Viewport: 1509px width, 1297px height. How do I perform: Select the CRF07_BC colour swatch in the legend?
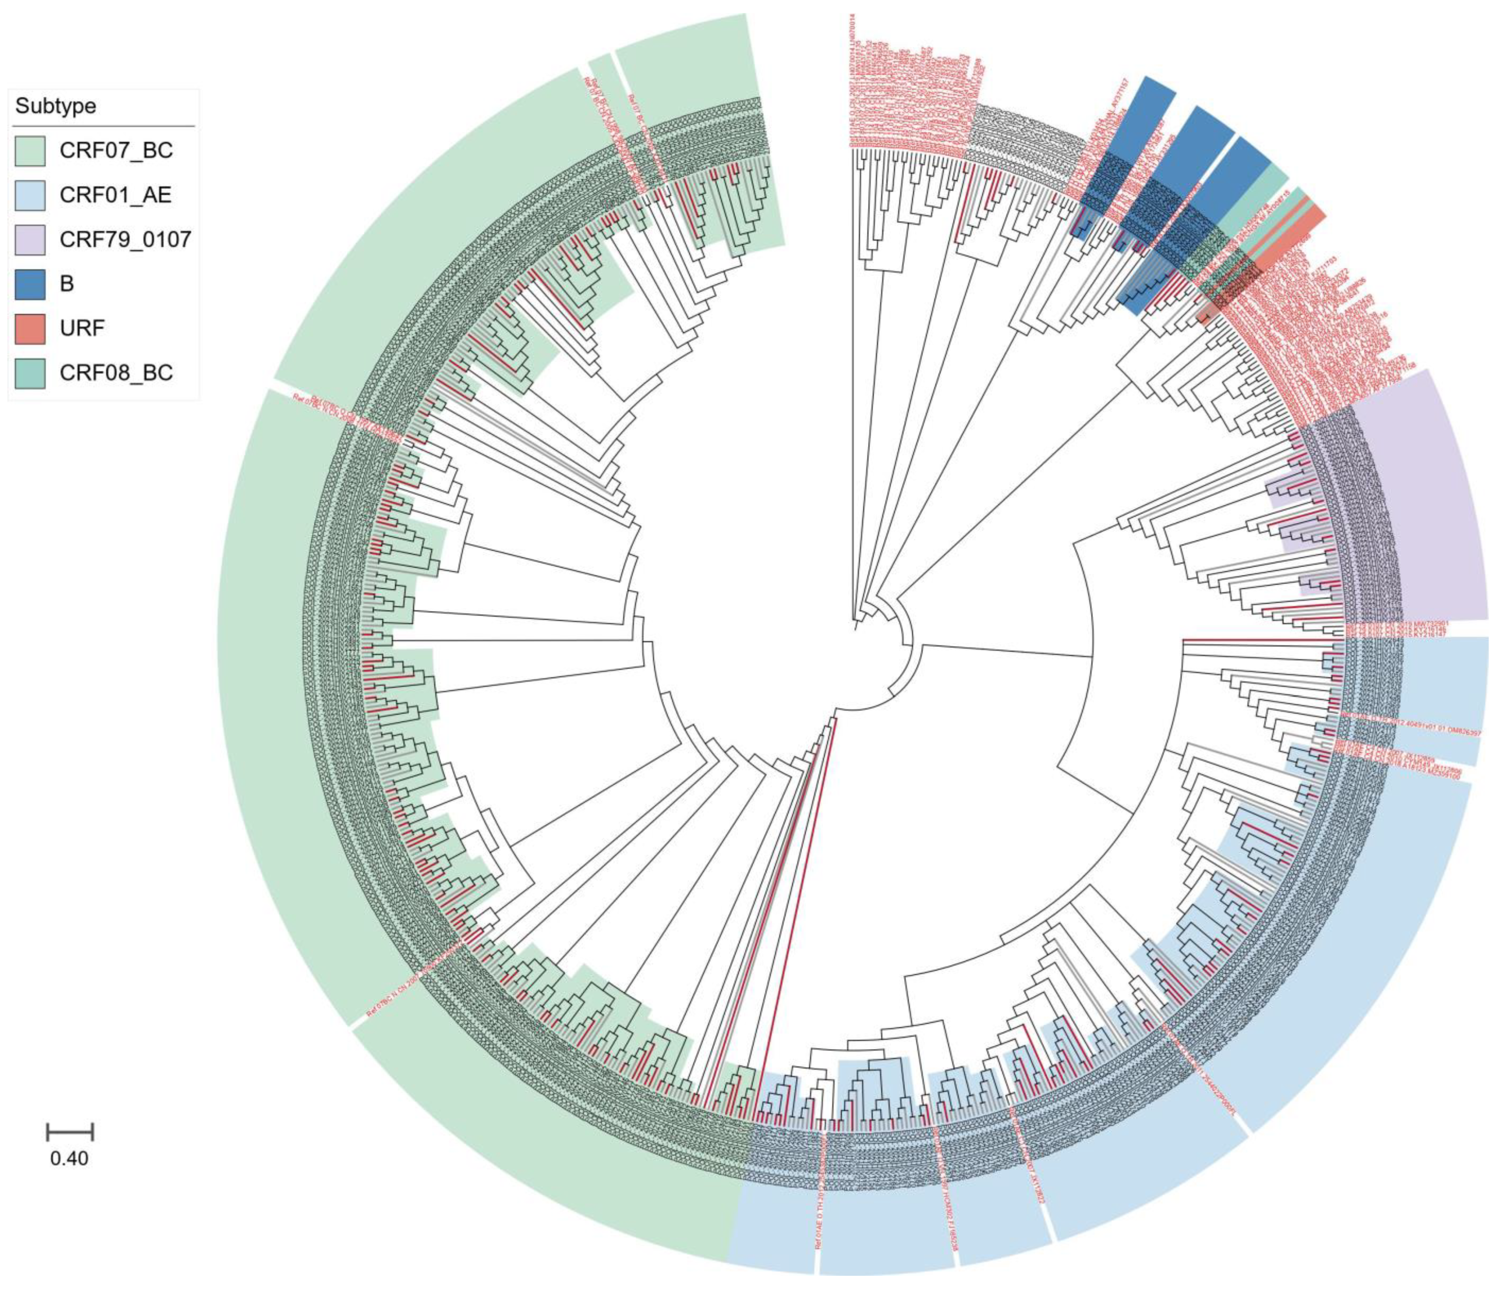pos(30,151)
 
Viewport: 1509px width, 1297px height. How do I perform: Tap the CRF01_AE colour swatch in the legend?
pos(30,195)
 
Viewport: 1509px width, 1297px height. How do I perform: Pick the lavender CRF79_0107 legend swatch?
pos(30,239)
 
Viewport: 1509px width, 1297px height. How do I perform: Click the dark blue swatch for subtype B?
pos(30,283)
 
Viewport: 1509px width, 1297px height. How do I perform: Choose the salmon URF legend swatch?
pos(30,328)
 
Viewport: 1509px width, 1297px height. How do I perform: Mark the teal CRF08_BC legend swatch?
pos(30,373)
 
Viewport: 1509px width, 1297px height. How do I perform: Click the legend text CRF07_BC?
pos(116,151)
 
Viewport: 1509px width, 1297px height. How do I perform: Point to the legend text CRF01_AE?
pos(116,195)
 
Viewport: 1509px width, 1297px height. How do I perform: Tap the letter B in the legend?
pos(67,283)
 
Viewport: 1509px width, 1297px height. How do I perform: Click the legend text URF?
pos(82,328)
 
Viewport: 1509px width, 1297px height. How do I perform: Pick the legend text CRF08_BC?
pos(116,373)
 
